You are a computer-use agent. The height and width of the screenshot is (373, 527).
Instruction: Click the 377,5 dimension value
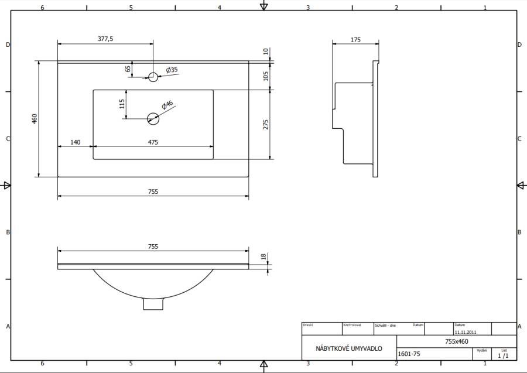click(x=105, y=39)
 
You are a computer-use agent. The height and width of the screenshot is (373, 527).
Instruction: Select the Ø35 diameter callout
click(x=172, y=70)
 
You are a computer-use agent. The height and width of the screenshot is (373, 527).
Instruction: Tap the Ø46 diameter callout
click(x=167, y=105)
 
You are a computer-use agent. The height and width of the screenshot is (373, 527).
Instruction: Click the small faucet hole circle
click(x=153, y=76)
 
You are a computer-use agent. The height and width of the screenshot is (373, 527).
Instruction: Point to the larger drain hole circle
click(x=153, y=118)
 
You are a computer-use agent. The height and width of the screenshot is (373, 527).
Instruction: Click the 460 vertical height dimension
click(x=35, y=119)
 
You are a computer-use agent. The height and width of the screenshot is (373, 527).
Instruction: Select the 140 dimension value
click(x=75, y=142)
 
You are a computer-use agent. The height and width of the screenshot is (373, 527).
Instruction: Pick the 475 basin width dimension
click(x=153, y=142)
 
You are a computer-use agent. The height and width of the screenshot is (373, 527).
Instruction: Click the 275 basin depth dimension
click(x=265, y=124)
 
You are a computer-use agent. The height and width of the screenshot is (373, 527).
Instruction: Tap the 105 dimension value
click(x=265, y=76)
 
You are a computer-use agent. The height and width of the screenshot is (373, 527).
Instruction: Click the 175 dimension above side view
click(x=355, y=40)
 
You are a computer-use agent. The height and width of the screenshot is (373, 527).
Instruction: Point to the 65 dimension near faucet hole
click(x=128, y=69)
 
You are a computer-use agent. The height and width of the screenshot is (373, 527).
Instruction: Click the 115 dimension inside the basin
click(x=122, y=104)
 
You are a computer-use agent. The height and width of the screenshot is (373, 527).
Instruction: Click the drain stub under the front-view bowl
click(x=153, y=304)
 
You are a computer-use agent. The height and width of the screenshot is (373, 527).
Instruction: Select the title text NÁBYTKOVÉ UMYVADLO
click(x=349, y=348)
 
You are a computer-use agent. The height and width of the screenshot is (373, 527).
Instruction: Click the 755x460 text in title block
click(x=456, y=341)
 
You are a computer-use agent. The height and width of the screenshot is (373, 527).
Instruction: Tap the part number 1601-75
click(x=409, y=354)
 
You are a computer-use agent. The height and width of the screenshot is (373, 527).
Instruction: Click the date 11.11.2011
click(x=465, y=331)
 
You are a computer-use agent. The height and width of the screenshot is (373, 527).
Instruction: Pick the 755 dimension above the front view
click(x=153, y=247)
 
